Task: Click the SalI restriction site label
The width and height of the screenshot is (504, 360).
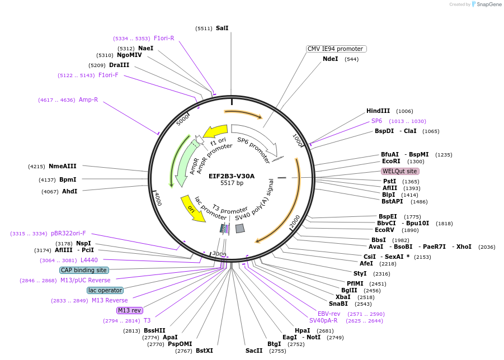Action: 222,28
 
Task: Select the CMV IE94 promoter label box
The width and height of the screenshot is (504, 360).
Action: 336,49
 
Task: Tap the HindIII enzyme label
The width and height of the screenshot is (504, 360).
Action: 378,111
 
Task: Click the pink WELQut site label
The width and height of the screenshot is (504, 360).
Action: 399,171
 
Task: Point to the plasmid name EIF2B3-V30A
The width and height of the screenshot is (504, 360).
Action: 232,176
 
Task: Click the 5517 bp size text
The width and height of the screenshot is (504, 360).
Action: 232,183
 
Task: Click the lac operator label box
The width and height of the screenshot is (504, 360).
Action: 105,290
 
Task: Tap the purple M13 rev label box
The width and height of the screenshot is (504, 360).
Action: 129,310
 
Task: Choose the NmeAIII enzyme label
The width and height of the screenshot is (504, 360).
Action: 63,166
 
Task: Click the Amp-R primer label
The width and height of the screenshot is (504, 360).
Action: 88,100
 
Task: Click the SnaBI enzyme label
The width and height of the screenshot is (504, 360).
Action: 338,304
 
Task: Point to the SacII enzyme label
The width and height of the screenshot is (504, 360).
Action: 254,350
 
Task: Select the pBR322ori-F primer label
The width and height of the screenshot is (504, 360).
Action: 68,233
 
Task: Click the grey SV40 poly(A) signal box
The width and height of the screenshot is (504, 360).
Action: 240,228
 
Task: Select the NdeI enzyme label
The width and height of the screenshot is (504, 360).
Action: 330,59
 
